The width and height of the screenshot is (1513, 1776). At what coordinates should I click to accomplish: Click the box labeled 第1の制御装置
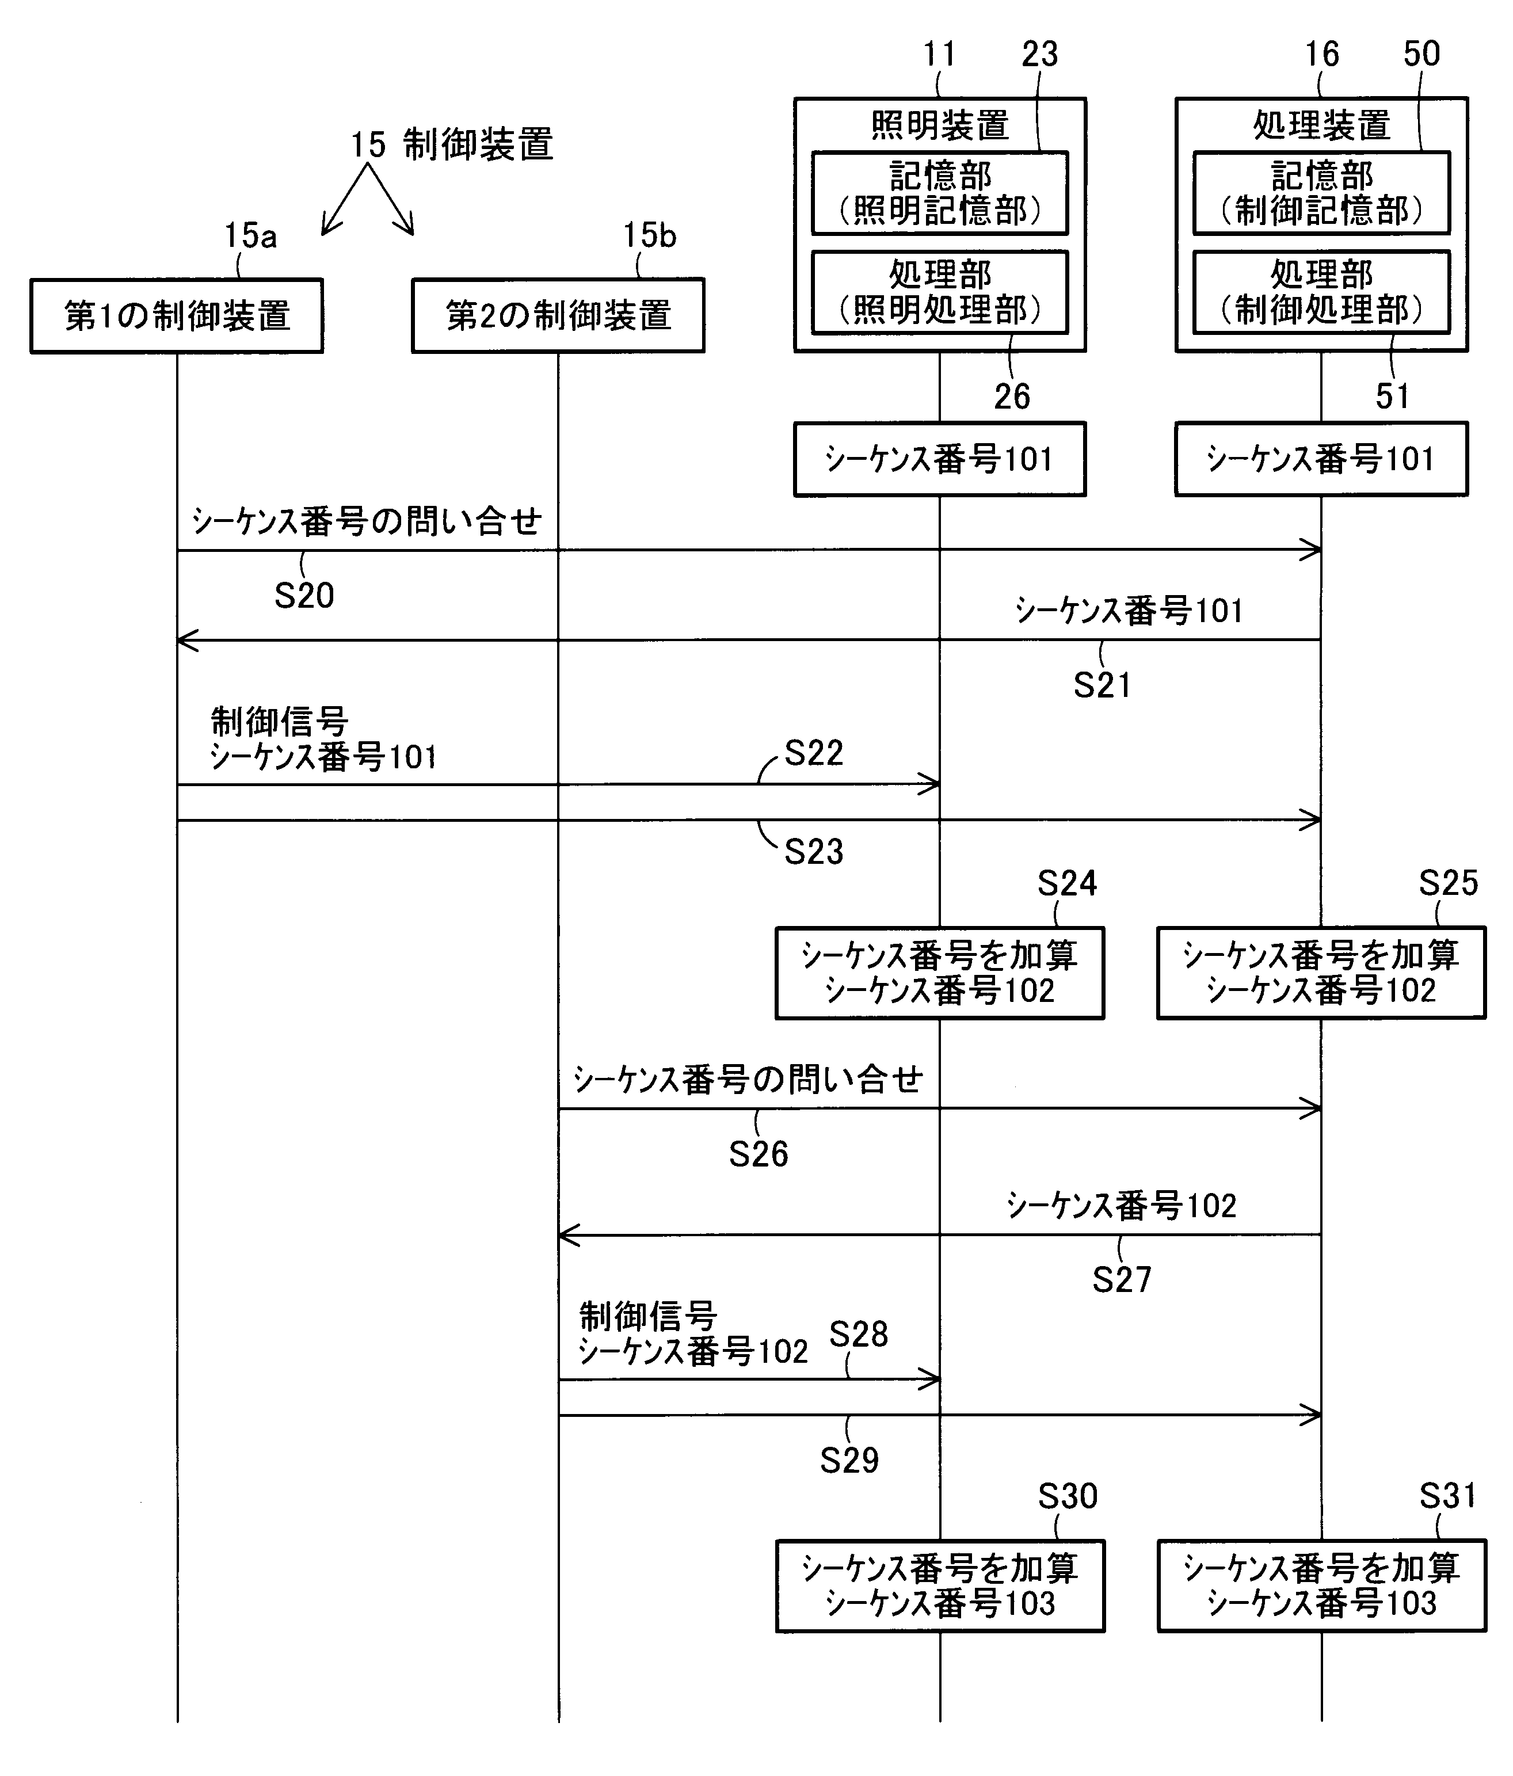click(x=177, y=315)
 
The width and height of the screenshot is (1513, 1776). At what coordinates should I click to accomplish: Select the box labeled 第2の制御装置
click(x=558, y=315)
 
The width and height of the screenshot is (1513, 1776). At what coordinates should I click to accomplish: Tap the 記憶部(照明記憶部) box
click(x=940, y=193)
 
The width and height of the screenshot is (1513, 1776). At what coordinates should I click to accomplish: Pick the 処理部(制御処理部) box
click(x=1321, y=291)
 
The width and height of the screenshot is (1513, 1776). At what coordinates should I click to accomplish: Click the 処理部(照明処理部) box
click(x=940, y=291)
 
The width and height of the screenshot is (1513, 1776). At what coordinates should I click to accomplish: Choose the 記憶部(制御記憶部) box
click(x=1321, y=193)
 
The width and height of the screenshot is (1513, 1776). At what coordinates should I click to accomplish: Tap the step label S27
click(x=1121, y=1280)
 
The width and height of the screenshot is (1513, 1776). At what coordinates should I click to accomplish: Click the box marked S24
click(x=940, y=973)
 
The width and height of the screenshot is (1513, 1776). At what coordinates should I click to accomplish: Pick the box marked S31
click(x=1321, y=1586)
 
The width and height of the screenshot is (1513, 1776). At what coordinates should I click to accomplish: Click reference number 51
click(x=1392, y=396)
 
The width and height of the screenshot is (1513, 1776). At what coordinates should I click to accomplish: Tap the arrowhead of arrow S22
click(x=935, y=783)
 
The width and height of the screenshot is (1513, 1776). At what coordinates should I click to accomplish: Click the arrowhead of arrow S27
click(x=564, y=1235)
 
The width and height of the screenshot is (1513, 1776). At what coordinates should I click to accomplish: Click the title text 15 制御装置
click(x=452, y=144)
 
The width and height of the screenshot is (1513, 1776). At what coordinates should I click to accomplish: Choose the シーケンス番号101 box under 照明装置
click(x=940, y=459)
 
